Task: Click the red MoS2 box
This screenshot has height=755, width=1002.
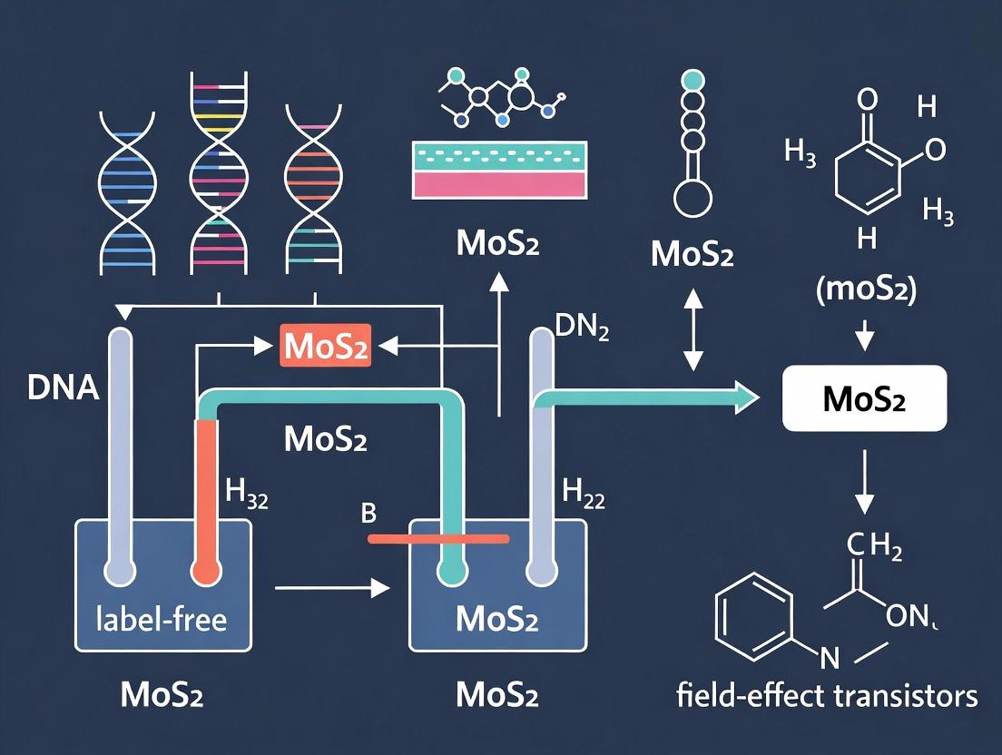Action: [326, 347]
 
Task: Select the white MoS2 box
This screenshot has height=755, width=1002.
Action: [863, 399]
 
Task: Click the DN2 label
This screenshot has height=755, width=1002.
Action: [581, 328]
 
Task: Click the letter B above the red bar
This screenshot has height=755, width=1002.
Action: [368, 514]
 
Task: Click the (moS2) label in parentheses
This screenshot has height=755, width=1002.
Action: [865, 292]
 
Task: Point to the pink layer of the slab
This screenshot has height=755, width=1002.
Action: [497, 183]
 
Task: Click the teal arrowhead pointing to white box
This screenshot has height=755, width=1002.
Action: [746, 397]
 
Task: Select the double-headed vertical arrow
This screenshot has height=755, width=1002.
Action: [693, 328]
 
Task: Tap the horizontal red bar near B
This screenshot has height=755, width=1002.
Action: [437, 538]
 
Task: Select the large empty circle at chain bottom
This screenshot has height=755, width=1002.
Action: [693, 196]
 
